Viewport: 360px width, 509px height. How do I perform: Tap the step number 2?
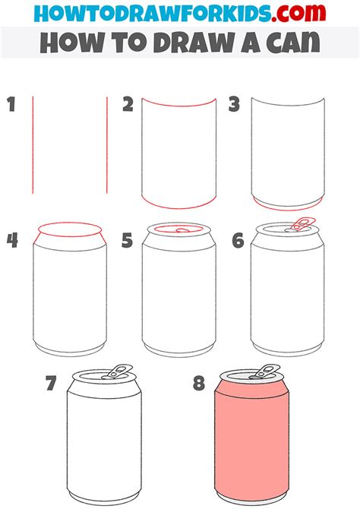128,104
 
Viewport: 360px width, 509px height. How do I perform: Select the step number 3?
235,104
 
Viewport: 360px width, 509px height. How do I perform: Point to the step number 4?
12,241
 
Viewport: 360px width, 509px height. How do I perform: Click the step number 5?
128,241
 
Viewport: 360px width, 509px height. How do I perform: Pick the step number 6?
237,241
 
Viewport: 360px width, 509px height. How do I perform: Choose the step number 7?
51,383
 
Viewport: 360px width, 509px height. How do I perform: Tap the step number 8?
199,383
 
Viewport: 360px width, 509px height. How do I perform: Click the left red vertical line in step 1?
33,144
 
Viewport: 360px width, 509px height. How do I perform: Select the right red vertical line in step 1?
107,144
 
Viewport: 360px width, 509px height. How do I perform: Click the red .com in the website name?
292,14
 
